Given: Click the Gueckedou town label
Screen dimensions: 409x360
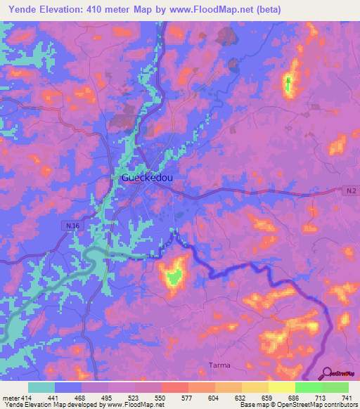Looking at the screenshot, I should (147, 178).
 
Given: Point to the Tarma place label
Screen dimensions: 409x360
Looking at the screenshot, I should (220, 365).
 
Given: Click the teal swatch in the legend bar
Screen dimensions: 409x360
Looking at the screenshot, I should (41, 387).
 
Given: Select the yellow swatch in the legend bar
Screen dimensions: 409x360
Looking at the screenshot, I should (281, 387).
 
